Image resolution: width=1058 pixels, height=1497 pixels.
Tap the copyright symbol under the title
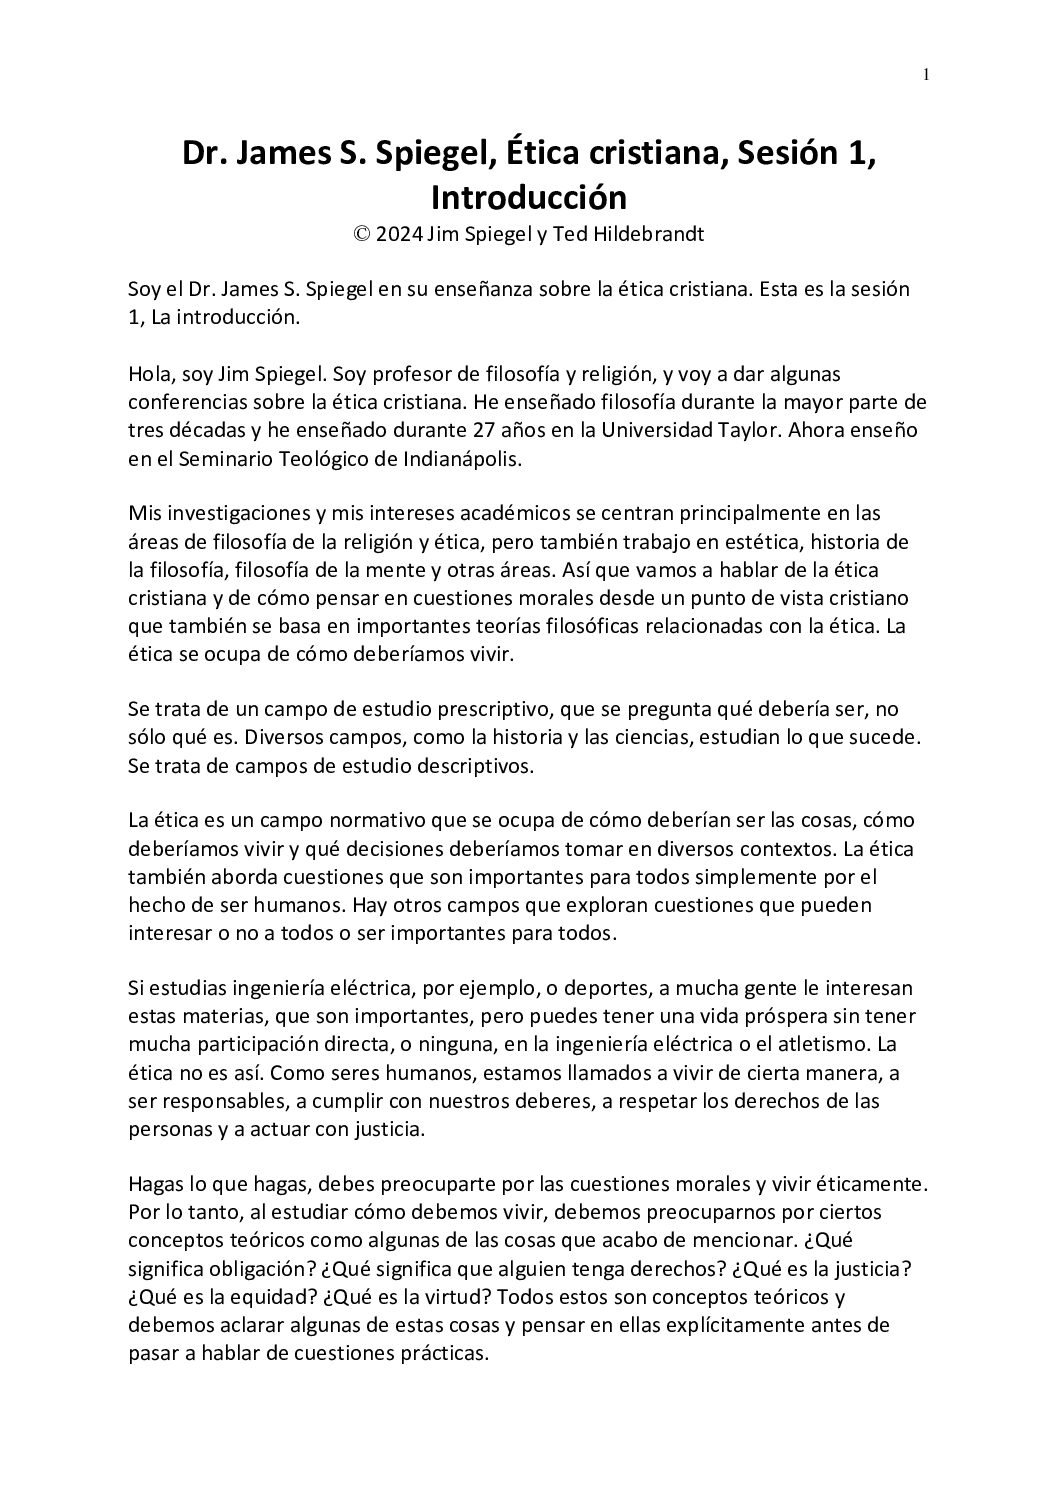click(x=361, y=235)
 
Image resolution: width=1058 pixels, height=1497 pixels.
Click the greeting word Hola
click(x=149, y=374)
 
